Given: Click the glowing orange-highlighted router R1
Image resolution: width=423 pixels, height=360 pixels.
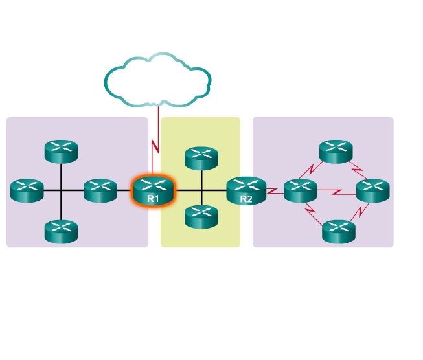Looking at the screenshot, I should pos(153,190).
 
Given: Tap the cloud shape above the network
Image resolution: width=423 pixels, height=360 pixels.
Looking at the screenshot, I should pos(157,78).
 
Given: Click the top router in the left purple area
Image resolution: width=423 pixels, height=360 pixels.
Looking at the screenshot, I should pos(61,151).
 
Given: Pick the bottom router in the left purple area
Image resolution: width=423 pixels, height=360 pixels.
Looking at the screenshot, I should pos(61,231).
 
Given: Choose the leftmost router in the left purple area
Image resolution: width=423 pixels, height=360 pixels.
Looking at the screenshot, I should pos(27,190).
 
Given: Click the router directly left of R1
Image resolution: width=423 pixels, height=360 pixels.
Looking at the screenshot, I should pos(100,190).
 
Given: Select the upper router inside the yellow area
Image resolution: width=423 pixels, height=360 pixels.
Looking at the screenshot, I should pos(201,158).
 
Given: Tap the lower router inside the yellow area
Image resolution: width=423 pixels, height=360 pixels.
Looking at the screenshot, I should pos(201,216).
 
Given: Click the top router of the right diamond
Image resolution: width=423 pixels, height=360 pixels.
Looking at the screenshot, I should pos(336,152).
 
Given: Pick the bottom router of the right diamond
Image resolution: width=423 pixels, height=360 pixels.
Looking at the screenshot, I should pos(339,231).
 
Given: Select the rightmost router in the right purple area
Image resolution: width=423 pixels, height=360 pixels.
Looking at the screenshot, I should pos(373,190).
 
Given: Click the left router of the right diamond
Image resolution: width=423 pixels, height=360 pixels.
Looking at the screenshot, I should pos(301,190).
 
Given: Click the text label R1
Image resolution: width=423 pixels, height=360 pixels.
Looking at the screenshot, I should pos(153,199).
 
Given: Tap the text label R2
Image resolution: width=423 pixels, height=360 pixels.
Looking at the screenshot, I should pos(246,199).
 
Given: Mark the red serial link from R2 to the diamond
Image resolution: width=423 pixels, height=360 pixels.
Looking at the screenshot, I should pos(274,191).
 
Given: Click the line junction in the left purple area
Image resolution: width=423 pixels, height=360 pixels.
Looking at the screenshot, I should pos(61,190).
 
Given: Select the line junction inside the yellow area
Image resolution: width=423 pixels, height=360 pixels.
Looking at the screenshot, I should pos(201,190).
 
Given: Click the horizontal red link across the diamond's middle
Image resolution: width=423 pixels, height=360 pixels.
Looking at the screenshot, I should pos(337,192).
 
